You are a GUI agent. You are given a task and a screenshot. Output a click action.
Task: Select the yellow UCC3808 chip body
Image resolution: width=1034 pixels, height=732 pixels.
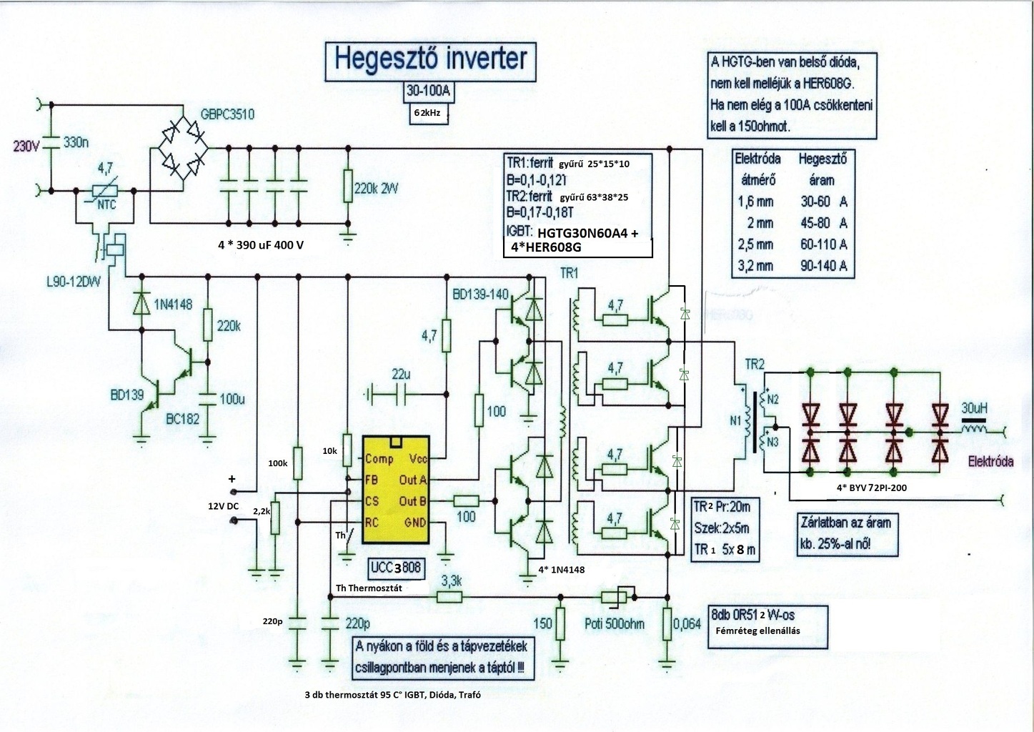(396, 493)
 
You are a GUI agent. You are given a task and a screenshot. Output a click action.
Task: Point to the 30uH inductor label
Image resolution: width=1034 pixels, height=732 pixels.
(974, 407)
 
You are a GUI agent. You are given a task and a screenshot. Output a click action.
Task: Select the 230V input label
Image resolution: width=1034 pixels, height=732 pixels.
(28, 146)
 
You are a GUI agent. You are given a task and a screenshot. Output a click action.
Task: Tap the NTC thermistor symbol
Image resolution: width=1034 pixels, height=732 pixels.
(106, 192)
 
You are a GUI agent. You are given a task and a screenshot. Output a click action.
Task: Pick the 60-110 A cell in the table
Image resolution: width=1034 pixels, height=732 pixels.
(823, 244)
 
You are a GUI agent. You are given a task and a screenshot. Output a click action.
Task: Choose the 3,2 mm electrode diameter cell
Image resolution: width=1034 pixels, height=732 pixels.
(755, 266)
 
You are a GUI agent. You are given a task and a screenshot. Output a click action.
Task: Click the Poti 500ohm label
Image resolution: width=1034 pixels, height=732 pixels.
(613, 623)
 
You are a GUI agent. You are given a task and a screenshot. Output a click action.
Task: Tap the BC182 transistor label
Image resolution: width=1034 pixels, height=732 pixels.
(182, 420)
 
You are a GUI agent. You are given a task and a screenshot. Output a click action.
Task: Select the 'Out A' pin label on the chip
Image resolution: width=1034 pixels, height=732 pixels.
(413, 480)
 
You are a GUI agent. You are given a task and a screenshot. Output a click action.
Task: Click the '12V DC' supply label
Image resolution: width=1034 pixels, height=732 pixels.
(223, 506)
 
